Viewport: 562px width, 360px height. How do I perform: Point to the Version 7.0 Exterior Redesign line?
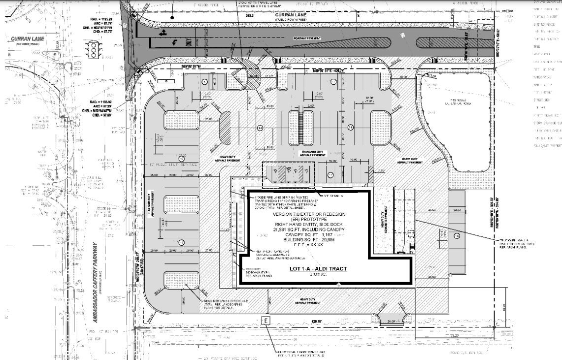pyautogui.click(x=306, y=215)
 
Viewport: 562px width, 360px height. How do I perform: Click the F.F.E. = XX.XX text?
pyautogui.click(x=306, y=244)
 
